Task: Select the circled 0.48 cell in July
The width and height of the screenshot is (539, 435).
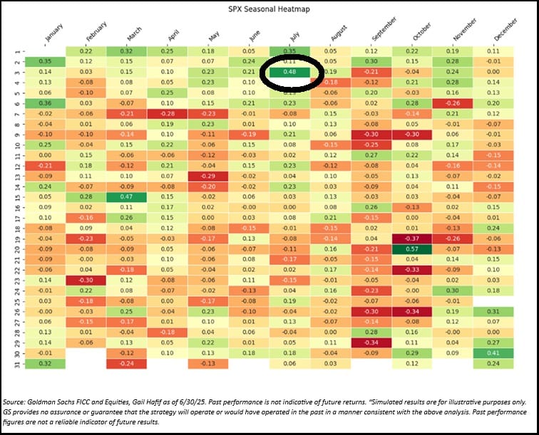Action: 290,72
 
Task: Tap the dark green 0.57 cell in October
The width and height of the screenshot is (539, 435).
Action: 412,248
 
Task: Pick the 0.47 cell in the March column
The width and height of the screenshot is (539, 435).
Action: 127,196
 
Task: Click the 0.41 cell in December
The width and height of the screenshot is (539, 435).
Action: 493,352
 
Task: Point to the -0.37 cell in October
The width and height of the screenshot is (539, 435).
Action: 412,238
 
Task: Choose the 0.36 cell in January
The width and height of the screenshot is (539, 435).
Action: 45,103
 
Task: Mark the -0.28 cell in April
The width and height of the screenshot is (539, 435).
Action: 168,113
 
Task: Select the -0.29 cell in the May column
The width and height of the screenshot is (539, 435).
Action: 208,176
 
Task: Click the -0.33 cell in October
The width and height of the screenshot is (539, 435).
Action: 412,269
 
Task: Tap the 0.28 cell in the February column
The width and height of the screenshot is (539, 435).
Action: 86,196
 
